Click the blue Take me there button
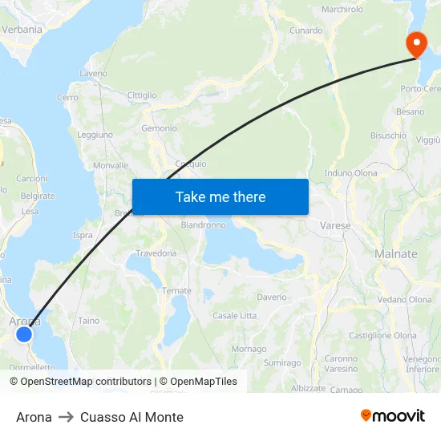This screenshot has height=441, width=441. (220, 196)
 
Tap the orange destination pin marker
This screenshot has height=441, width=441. (416, 44)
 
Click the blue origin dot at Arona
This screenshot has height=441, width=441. (24, 334)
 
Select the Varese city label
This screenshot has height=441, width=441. (335, 225)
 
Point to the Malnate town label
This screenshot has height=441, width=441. (396, 253)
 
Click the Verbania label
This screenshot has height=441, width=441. (22, 29)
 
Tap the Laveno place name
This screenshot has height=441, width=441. (93, 73)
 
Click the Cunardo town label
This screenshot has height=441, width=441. (306, 30)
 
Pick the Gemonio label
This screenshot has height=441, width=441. (159, 128)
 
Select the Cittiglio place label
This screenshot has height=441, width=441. (142, 95)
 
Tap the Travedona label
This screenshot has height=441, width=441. (156, 253)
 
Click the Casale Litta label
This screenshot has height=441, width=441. (234, 316)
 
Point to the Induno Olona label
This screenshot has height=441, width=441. (350, 172)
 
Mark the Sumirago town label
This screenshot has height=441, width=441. (281, 363)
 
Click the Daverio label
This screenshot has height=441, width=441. (272, 297)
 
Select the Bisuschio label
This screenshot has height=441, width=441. (388, 136)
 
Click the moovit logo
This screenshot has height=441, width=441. (393, 416)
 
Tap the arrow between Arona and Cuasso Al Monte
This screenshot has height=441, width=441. (66, 417)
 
